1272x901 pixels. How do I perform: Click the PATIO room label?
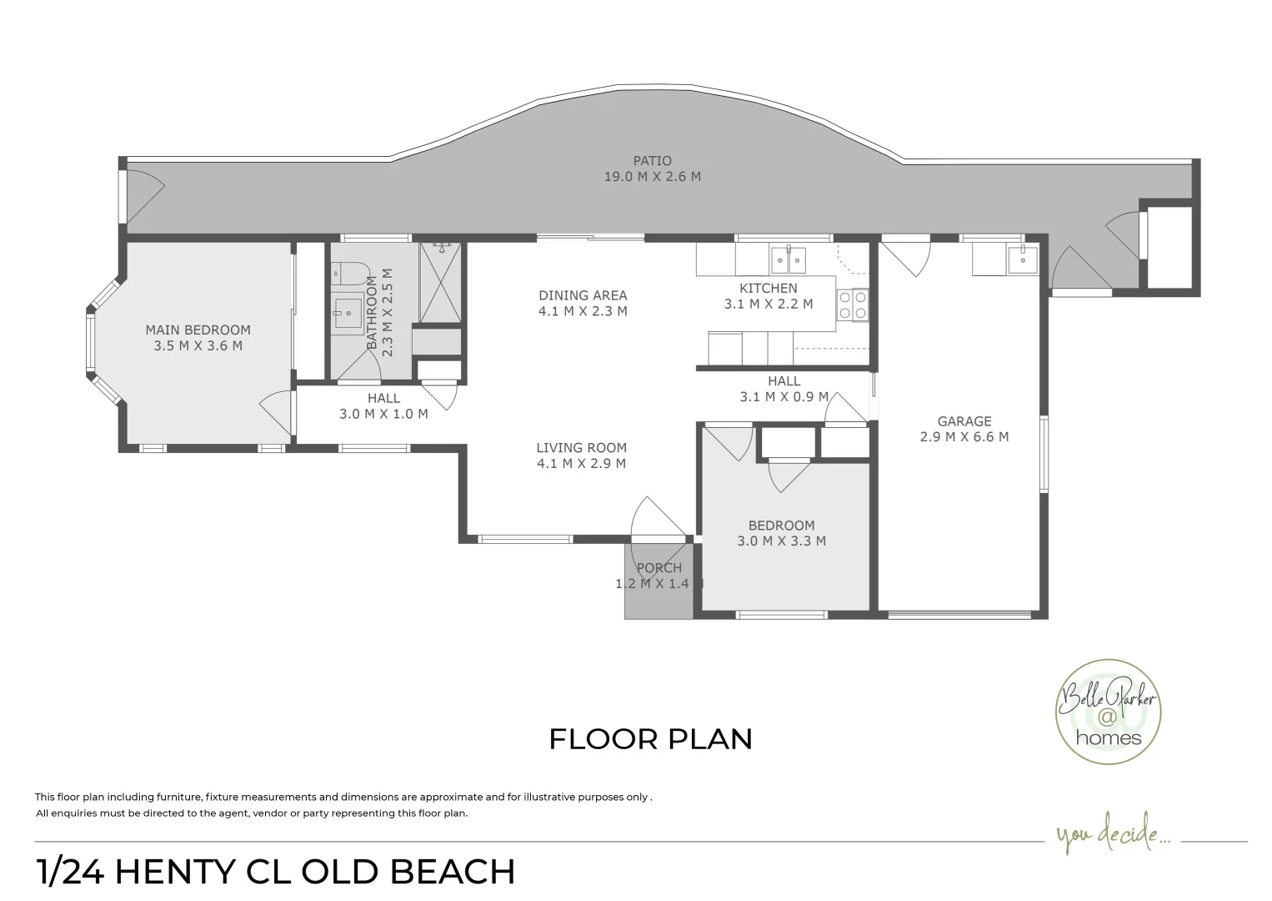(x=652, y=161)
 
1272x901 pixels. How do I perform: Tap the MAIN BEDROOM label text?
(x=198, y=330)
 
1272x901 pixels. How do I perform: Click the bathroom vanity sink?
(x=348, y=316)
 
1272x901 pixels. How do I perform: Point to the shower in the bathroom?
(x=439, y=282)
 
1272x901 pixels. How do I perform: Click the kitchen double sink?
(x=787, y=260)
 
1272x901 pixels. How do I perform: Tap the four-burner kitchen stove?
(x=852, y=305)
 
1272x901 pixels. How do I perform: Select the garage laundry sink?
(x=1021, y=259)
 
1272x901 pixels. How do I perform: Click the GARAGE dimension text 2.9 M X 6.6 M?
(x=964, y=436)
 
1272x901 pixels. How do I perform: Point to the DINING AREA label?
(x=583, y=295)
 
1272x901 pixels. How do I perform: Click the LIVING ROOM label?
(x=581, y=448)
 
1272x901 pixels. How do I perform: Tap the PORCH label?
(x=659, y=568)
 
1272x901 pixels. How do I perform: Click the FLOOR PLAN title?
(x=650, y=739)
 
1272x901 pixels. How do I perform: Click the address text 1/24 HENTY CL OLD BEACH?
(x=276, y=873)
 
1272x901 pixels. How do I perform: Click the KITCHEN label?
(x=768, y=289)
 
